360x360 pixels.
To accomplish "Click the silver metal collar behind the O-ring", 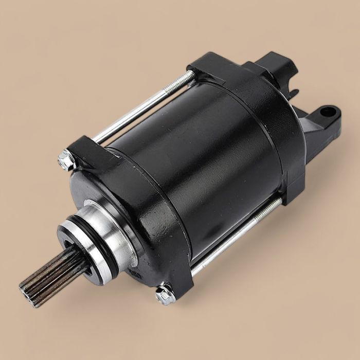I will pos(111,226).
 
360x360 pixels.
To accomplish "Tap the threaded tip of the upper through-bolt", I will pos(188,77).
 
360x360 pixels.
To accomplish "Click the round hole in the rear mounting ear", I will pos(328,112).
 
